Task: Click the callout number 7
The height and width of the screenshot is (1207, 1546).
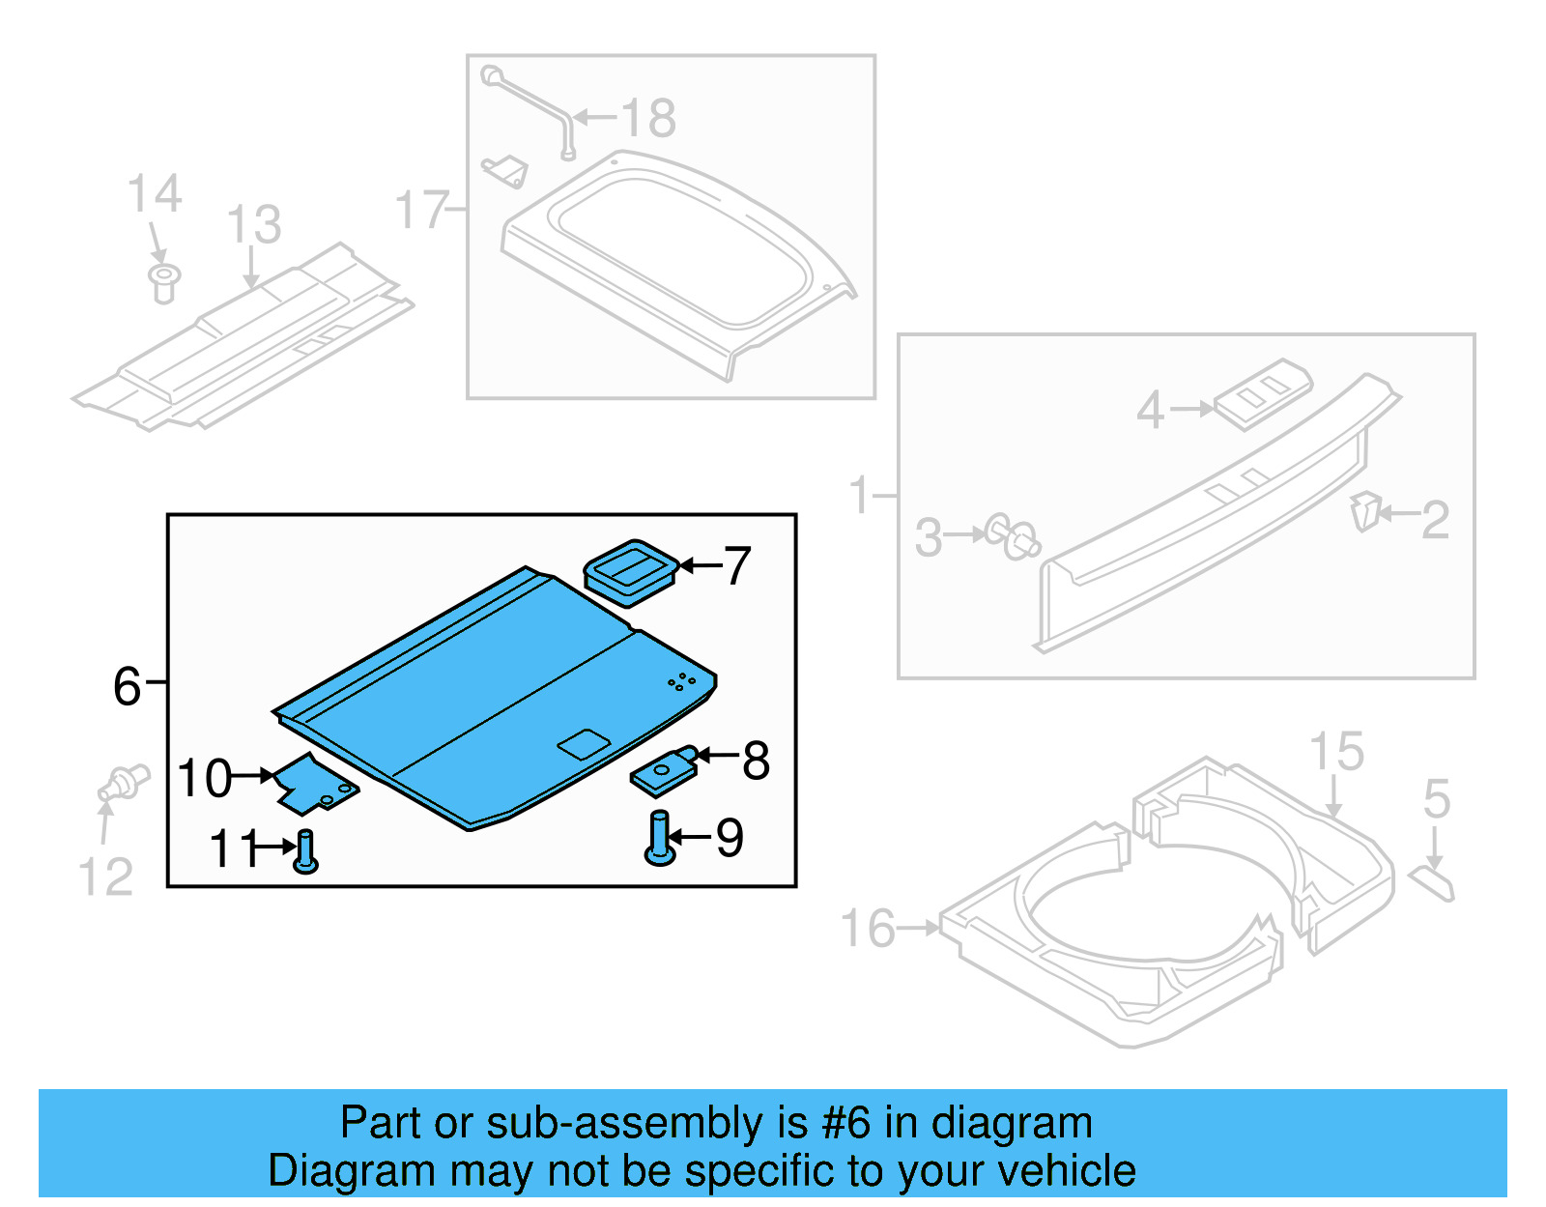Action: [x=737, y=566]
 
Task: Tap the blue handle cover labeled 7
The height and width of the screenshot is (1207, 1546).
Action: [x=630, y=571]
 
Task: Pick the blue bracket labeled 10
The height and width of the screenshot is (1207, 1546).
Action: [x=315, y=784]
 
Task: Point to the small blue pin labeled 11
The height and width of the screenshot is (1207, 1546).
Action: [x=305, y=850]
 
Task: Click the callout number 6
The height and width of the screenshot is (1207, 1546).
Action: [x=127, y=687]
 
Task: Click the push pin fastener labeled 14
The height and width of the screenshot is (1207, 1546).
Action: [x=164, y=282]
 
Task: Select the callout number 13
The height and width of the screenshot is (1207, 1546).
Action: [x=253, y=225]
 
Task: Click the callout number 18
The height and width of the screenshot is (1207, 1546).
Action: [x=648, y=119]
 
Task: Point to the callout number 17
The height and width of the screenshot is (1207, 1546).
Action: [x=421, y=211]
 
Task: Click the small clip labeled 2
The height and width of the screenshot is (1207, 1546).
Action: [x=1365, y=510]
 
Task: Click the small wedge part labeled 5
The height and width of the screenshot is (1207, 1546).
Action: [x=1433, y=883]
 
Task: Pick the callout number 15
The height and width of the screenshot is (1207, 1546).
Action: [x=1336, y=752]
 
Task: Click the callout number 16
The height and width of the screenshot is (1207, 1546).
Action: [x=868, y=929]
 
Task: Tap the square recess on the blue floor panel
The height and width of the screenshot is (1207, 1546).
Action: [x=584, y=743]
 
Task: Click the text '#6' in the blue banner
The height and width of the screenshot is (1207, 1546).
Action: [x=845, y=1123]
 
